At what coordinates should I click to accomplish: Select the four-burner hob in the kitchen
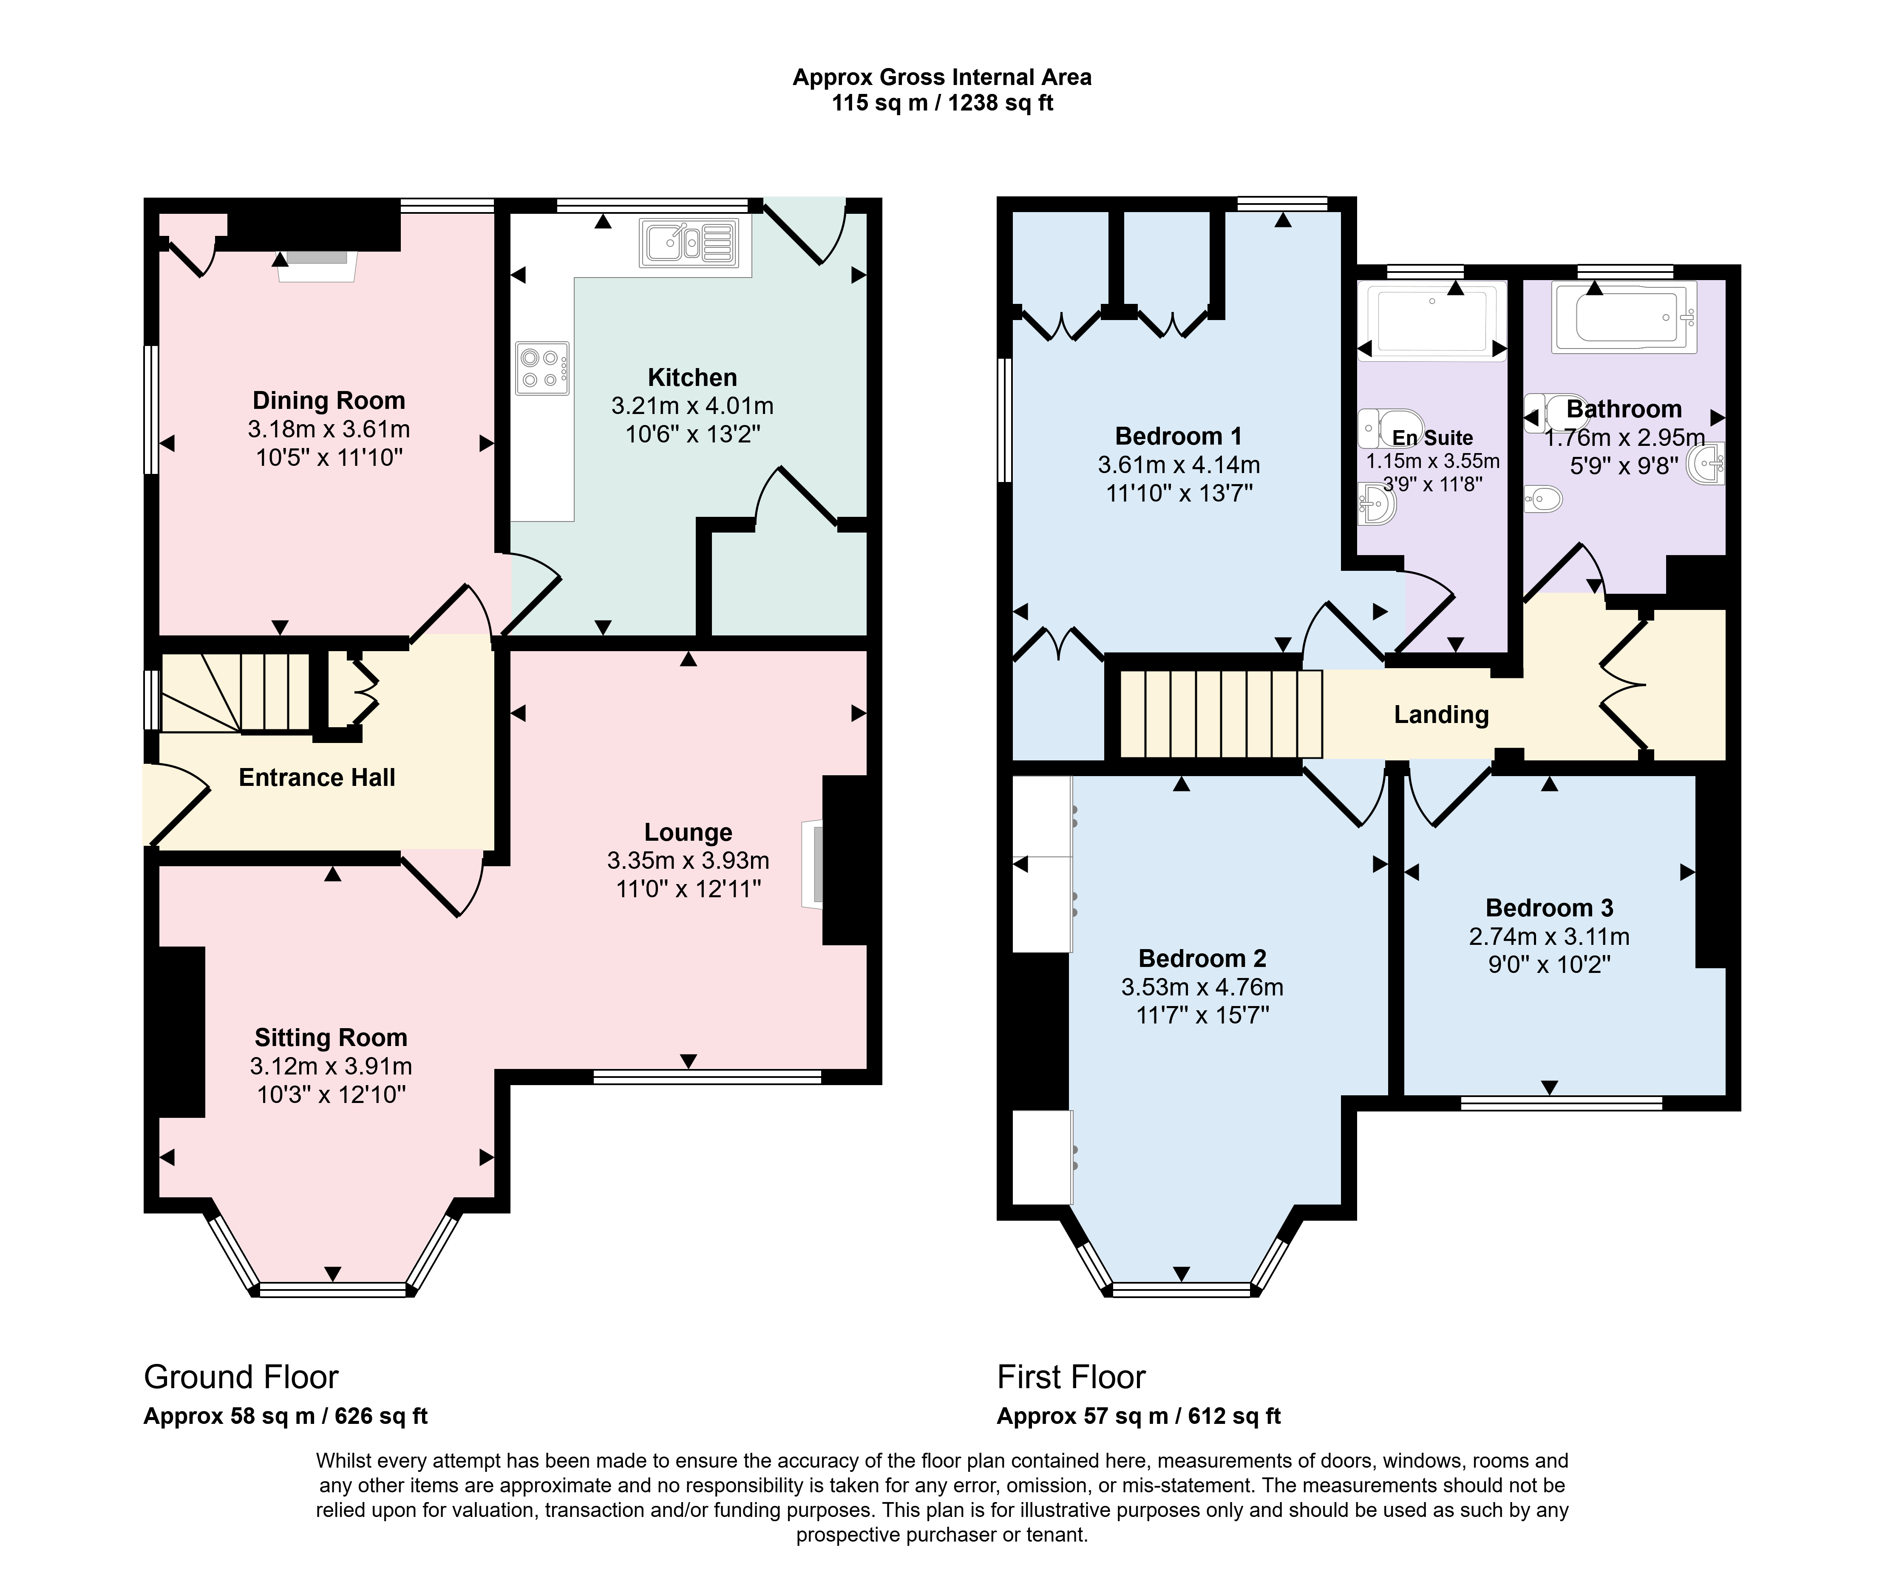pyautogui.click(x=542, y=368)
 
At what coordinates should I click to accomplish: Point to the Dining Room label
pyautogui.click(x=329, y=400)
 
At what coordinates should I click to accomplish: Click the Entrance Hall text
pyautogui.click(x=317, y=777)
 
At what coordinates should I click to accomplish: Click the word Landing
pyautogui.click(x=1441, y=714)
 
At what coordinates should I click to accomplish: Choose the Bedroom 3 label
pyautogui.click(x=1549, y=907)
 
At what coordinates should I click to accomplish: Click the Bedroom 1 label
pyautogui.click(x=1179, y=436)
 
